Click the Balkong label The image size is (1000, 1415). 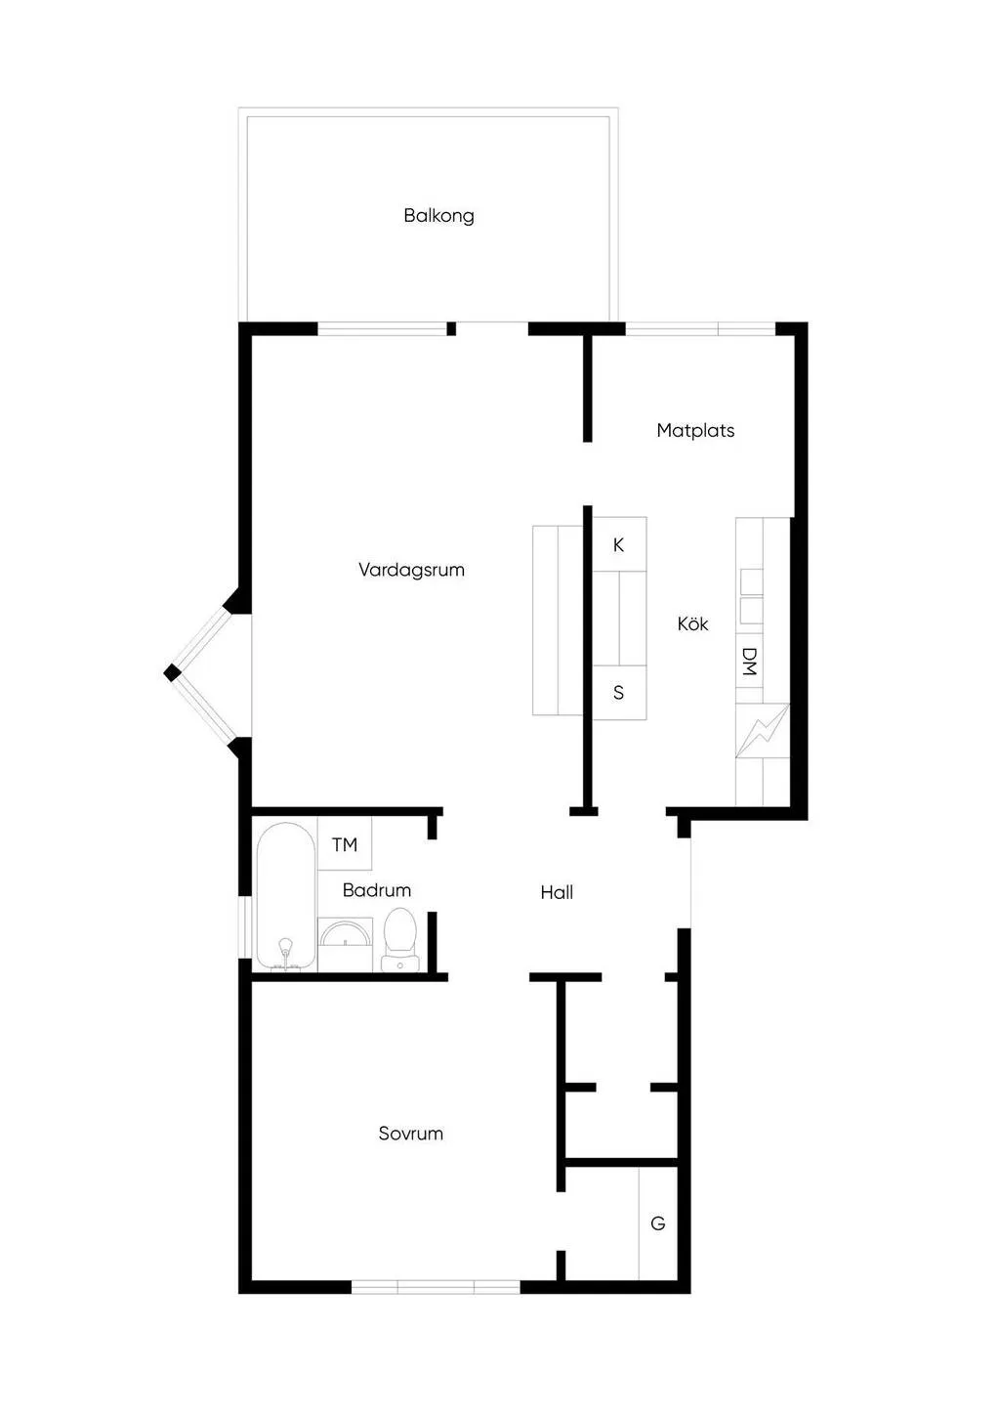tap(438, 216)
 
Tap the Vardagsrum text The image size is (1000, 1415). tap(411, 570)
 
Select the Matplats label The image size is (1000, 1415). tap(695, 431)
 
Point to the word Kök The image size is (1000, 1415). tap(692, 624)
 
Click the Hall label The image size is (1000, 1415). tap(557, 892)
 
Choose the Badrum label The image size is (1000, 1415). tap(377, 890)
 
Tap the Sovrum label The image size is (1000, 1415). tap(411, 1134)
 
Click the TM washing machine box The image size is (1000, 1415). tap(345, 844)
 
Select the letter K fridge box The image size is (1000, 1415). tap(619, 544)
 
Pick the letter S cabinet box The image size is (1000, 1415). tap(619, 692)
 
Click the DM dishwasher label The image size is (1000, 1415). tap(749, 662)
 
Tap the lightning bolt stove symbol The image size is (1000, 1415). tap(764, 730)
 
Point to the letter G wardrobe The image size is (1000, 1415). tap(658, 1223)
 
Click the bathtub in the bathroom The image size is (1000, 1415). tap(286, 897)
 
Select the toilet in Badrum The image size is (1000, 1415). tap(400, 939)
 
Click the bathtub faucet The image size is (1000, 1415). tap(286, 953)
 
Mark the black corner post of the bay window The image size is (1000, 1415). tap(172, 673)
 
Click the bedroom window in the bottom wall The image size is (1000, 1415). tap(436, 1287)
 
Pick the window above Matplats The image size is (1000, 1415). tap(700, 328)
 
